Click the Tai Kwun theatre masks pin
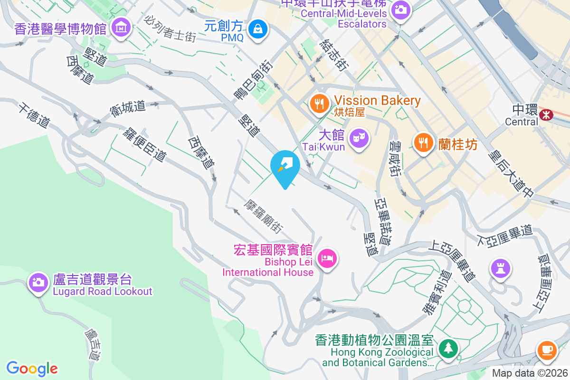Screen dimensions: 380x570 point(359,138)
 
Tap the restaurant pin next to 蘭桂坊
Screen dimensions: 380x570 point(422,142)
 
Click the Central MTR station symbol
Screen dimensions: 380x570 point(547,114)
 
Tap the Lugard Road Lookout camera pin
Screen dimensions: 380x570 point(38,282)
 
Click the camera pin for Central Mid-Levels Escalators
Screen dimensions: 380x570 point(400,9)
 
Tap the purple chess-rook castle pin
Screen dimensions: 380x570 point(501,268)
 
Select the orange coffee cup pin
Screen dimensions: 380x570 point(546,351)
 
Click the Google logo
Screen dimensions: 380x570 point(32,368)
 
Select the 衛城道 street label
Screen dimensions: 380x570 point(128,107)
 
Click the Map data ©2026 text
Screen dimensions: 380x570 point(529,373)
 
